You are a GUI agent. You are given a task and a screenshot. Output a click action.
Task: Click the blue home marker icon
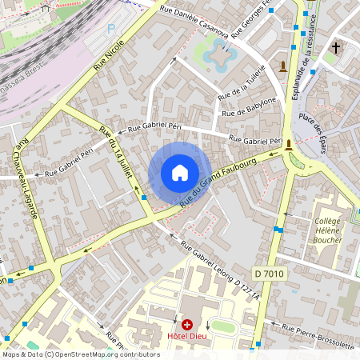[x=180, y=172]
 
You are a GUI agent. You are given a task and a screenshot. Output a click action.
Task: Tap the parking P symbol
[x=111, y=28]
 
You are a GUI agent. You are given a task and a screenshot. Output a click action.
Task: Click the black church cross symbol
[x=336, y=48]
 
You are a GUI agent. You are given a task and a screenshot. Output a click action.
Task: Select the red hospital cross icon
[x=187, y=325]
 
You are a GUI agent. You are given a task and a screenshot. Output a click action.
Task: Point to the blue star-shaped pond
[x=217, y=54]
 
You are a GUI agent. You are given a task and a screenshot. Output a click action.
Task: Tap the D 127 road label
[x=248, y=289]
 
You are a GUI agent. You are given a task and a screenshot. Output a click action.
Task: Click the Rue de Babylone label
[x=248, y=106]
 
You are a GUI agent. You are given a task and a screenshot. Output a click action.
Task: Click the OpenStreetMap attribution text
[x=80, y=354]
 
